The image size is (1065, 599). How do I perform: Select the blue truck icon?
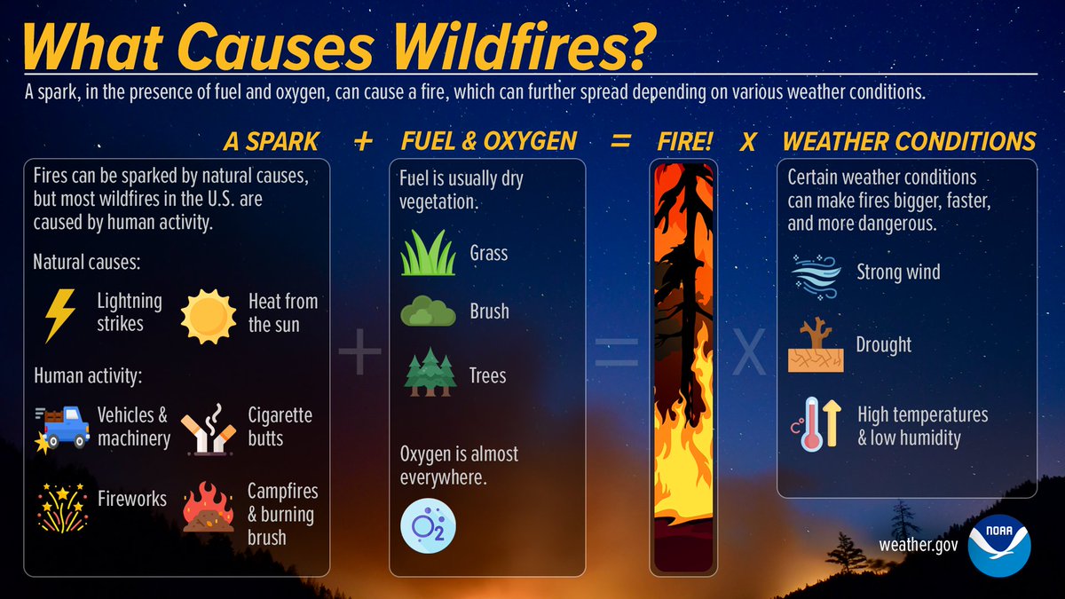click(62, 426)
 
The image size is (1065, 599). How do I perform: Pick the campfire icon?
click(209, 508)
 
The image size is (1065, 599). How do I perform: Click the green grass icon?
click(428, 253)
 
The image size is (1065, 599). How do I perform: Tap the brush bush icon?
click(428, 312)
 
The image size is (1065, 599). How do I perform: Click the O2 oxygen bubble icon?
click(429, 524)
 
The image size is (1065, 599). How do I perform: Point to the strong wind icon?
click(815, 272)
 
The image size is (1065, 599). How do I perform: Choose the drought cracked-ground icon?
click(815, 346)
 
